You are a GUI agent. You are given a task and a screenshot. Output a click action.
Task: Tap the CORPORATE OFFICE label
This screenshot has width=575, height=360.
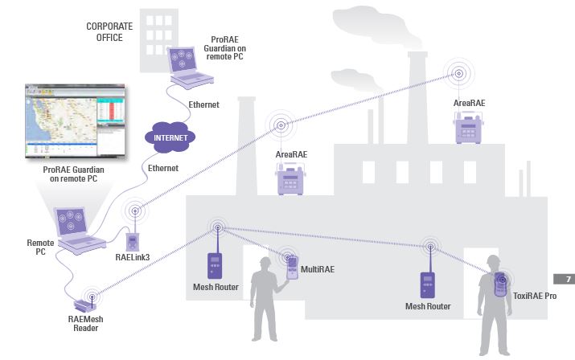(x=109, y=31)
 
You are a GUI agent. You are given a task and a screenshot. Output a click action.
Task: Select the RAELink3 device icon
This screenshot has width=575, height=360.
(x=133, y=240)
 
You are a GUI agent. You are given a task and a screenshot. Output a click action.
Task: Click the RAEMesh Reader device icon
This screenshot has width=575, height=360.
(x=84, y=305)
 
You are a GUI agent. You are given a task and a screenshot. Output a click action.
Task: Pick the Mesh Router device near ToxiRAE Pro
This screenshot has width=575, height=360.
(x=427, y=284)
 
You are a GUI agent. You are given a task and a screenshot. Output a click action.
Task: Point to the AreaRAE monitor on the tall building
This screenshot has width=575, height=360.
(x=467, y=128)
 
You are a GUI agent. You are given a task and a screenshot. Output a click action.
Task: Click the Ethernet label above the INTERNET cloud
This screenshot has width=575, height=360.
(x=203, y=105)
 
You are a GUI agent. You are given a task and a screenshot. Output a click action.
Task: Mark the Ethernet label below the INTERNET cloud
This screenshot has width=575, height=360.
(x=162, y=168)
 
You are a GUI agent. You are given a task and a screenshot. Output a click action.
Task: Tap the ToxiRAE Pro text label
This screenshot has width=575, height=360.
(x=535, y=296)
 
